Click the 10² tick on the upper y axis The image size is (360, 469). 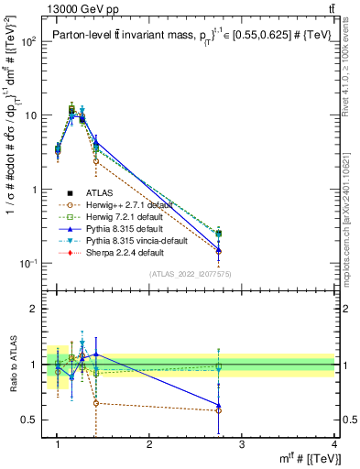click(x=28, y=41)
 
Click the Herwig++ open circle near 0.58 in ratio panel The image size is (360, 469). click(x=218, y=410)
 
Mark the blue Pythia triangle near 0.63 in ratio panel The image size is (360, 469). click(x=218, y=405)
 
